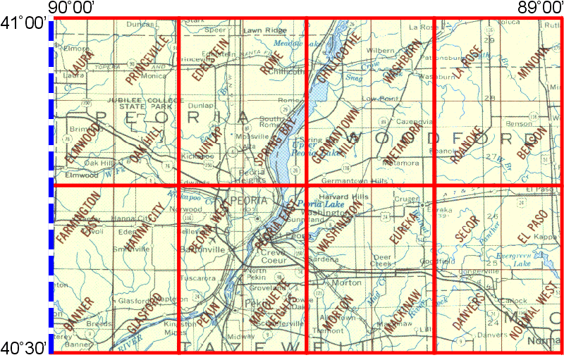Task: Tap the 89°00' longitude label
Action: coord(537,7)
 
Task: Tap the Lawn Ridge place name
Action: coord(259,31)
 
